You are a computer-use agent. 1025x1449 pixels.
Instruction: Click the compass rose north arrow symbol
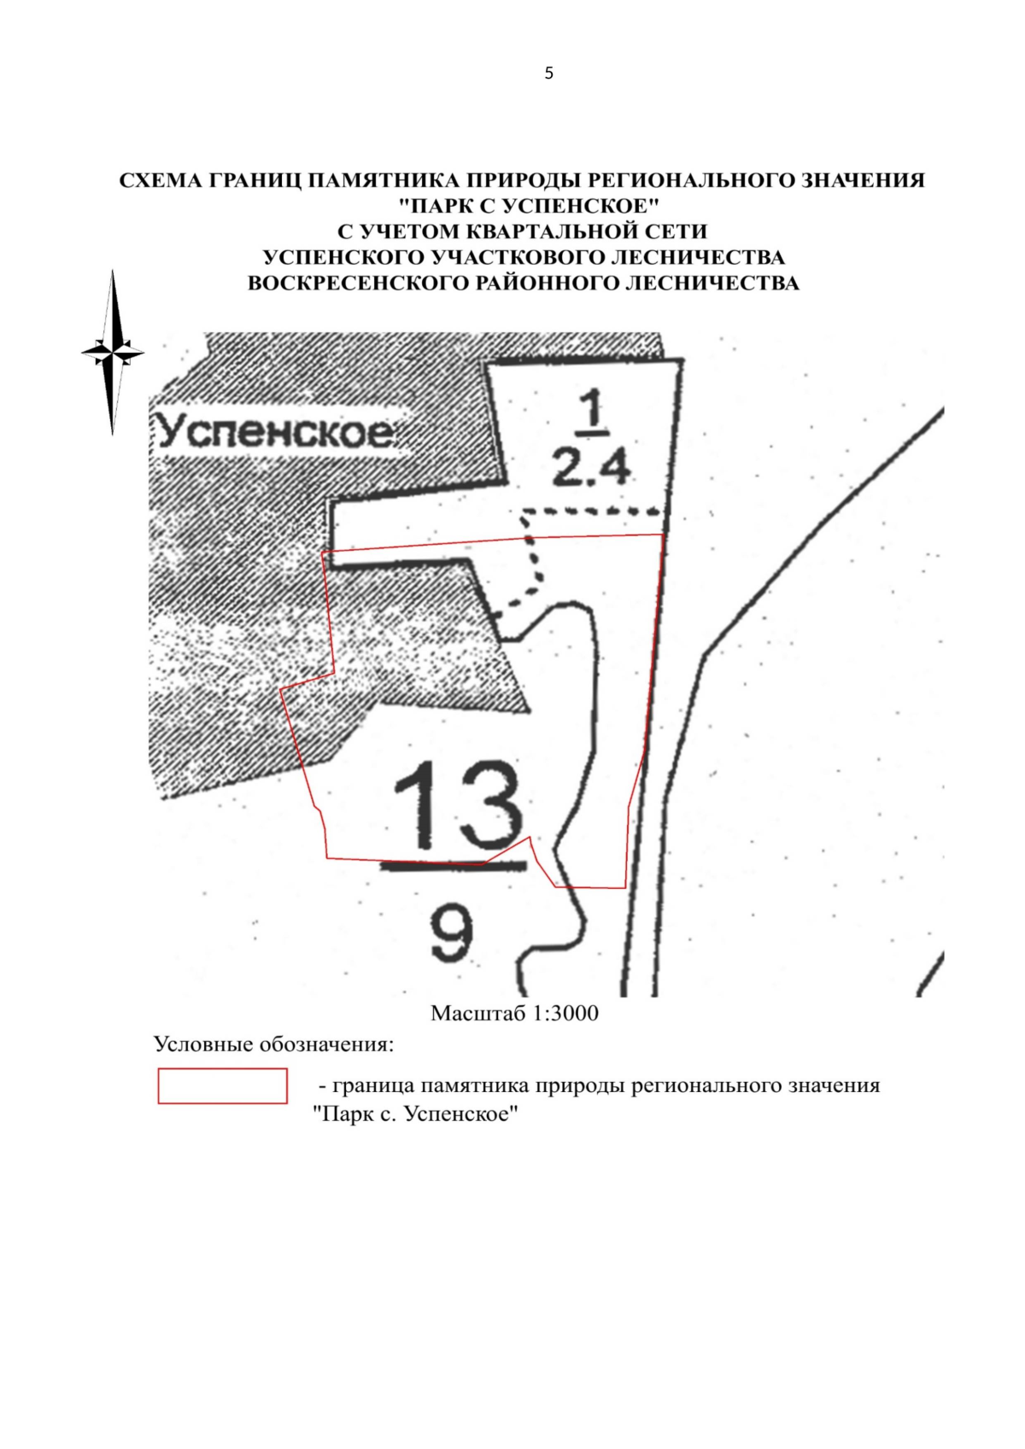pyautogui.click(x=113, y=353)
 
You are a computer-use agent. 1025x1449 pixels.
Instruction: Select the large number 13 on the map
pyautogui.click(x=458, y=805)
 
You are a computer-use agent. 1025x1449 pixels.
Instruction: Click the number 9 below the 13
pyautogui.click(x=453, y=933)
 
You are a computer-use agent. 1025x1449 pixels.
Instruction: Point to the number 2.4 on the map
pyautogui.click(x=591, y=468)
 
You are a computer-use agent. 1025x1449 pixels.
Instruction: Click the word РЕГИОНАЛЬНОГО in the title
pyautogui.click(x=697, y=180)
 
